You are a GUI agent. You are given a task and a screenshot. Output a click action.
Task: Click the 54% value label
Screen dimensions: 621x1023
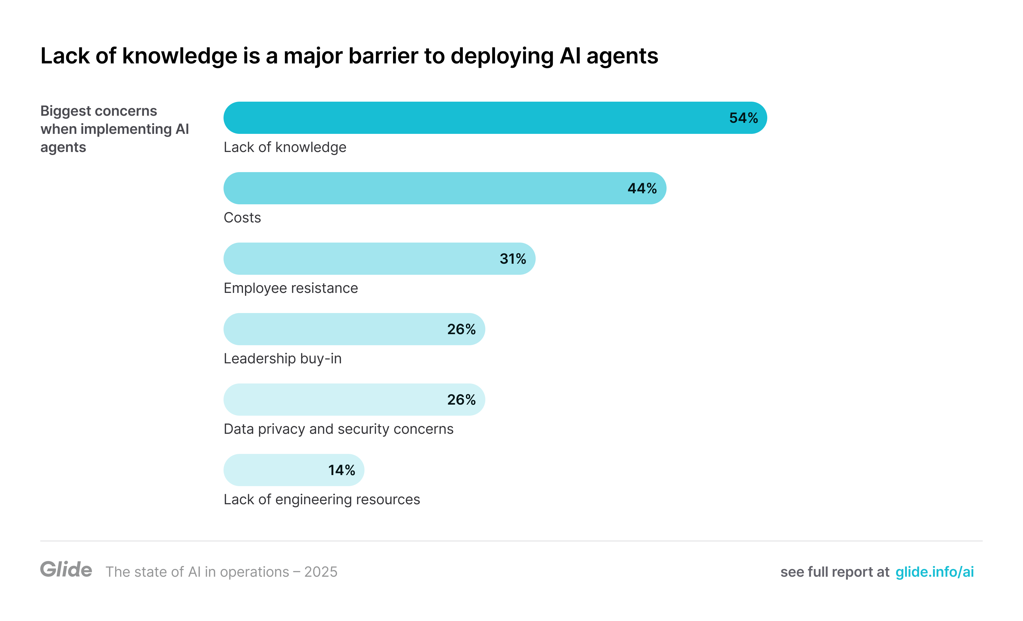[x=743, y=118]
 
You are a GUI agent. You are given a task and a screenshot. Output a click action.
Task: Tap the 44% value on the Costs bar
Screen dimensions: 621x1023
[x=642, y=189]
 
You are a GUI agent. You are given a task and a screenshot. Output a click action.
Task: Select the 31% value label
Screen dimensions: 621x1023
[x=513, y=259]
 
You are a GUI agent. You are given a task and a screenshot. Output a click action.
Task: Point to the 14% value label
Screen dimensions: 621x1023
[x=341, y=470]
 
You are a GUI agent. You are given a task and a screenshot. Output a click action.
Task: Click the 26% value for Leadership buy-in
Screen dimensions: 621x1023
[x=461, y=329]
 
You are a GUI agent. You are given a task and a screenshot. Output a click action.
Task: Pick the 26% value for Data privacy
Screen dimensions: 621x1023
[x=461, y=400]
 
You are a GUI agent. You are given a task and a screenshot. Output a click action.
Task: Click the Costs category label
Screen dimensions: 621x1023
[x=242, y=217]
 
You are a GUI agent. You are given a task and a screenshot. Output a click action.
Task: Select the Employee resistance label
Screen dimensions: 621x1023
[x=291, y=288]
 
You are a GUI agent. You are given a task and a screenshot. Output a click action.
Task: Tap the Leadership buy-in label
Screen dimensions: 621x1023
[x=282, y=359]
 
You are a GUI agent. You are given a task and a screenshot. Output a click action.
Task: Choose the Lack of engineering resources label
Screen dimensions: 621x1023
[x=322, y=499]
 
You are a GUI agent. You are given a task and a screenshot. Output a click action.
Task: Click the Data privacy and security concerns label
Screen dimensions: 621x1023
[x=338, y=429]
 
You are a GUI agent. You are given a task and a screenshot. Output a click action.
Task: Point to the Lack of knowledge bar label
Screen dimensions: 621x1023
[x=285, y=147]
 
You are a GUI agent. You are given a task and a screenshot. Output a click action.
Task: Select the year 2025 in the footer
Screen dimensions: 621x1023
[x=321, y=572]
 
